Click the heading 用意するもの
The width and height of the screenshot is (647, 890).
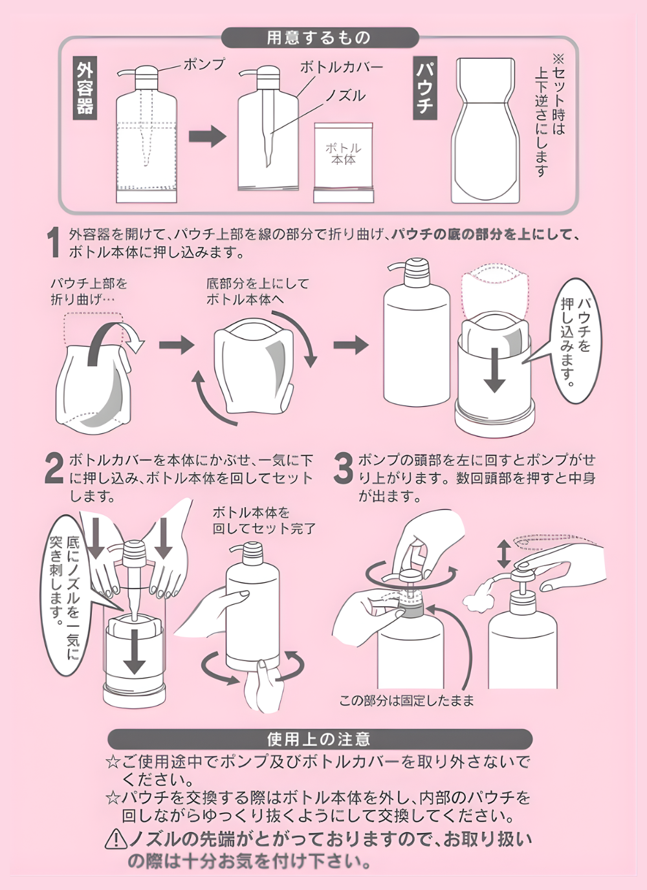point(319,38)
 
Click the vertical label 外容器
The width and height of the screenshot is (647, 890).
point(85,87)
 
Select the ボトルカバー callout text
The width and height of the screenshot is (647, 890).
point(341,67)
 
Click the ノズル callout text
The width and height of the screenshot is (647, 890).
point(345,96)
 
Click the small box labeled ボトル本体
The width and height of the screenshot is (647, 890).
point(344,162)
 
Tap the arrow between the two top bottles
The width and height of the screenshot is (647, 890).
point(207,136)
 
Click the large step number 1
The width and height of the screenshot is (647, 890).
point(54,243)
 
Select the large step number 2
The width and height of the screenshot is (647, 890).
point(54,469)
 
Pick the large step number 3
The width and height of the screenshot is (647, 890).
point(343,469)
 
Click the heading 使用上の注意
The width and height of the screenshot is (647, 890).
point(319,739)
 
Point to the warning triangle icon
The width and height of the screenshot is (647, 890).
point(116,839)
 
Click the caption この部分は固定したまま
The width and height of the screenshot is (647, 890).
point(406,700)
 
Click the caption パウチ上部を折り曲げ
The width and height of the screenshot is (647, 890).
point(89,291)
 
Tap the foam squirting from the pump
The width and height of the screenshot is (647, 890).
point(478,594)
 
